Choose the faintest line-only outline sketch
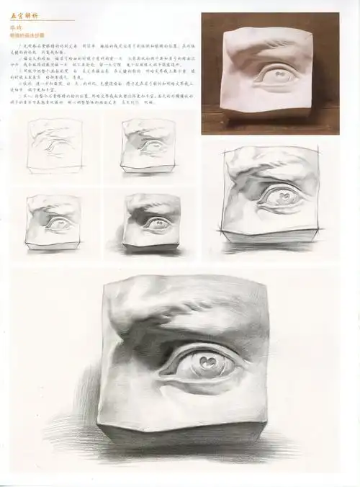(x=55, y=147)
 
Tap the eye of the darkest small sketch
(x=156, y=223)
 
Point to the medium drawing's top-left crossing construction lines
(x=226, y=153)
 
